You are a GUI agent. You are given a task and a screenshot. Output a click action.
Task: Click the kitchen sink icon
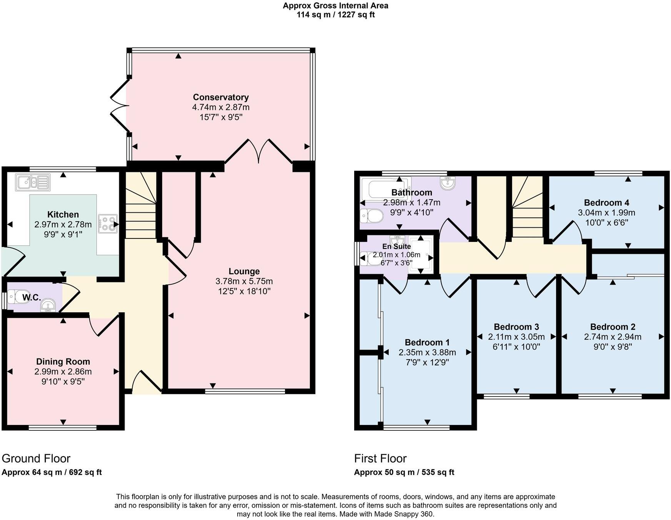(33, 182)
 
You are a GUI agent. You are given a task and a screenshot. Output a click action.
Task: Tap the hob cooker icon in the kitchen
(108, 224)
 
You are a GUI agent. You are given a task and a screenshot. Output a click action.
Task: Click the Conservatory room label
(221, 97)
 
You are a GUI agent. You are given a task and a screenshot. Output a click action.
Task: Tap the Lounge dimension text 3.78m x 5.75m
(244, 282)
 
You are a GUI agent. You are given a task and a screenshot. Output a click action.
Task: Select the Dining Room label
(63, 362)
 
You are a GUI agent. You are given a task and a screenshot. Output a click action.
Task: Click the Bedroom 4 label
(606, 203)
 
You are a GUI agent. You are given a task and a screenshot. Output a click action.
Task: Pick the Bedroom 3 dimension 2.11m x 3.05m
(516, 337)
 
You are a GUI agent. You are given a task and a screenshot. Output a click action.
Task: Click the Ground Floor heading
(36, 458)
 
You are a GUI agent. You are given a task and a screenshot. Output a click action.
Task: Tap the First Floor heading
(380, 458)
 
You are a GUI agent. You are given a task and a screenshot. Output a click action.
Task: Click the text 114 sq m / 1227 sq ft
(335, 15)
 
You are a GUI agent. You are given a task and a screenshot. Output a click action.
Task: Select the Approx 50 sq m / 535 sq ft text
(404, 472)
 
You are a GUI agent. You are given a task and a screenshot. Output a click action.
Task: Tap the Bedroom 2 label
(613, 327)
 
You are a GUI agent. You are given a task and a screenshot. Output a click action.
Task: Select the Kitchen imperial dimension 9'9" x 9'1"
(63, 234)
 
